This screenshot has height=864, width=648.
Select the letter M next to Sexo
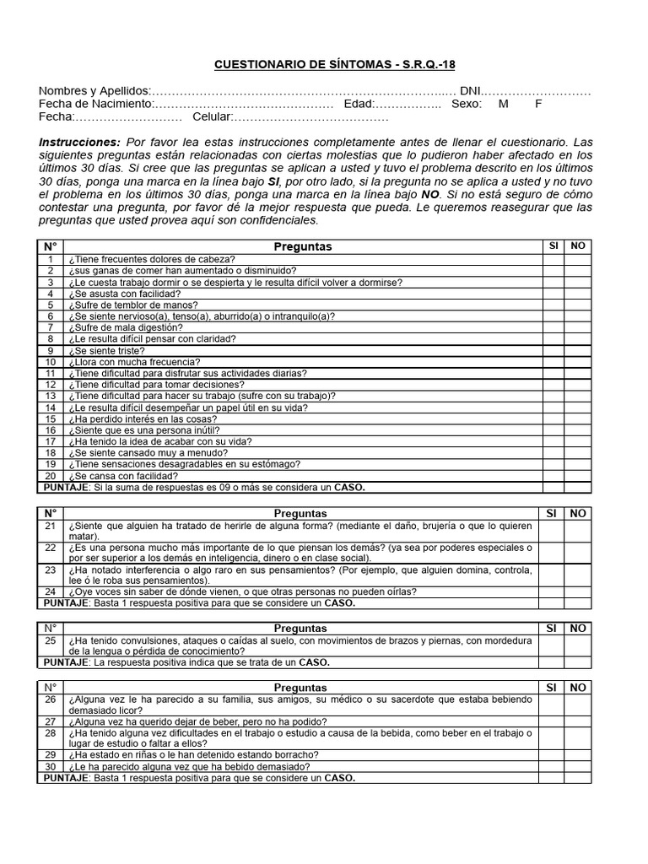(504, 104)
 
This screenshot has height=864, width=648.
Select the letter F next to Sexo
(538, 104)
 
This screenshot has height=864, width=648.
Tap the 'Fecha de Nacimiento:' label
(96, 104)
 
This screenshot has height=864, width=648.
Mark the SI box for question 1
(553, 259)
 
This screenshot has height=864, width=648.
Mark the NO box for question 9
(578, 350)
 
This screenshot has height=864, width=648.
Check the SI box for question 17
(553, 441)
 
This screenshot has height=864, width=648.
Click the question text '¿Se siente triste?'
(107, 350)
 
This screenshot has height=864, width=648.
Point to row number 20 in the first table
(51, 476)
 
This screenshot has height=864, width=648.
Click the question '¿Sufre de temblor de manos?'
(133, 305)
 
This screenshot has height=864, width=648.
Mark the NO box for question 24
(578, 592)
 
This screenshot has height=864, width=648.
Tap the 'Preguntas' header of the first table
(303, 246)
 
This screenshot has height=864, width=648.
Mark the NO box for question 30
(578, 767)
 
